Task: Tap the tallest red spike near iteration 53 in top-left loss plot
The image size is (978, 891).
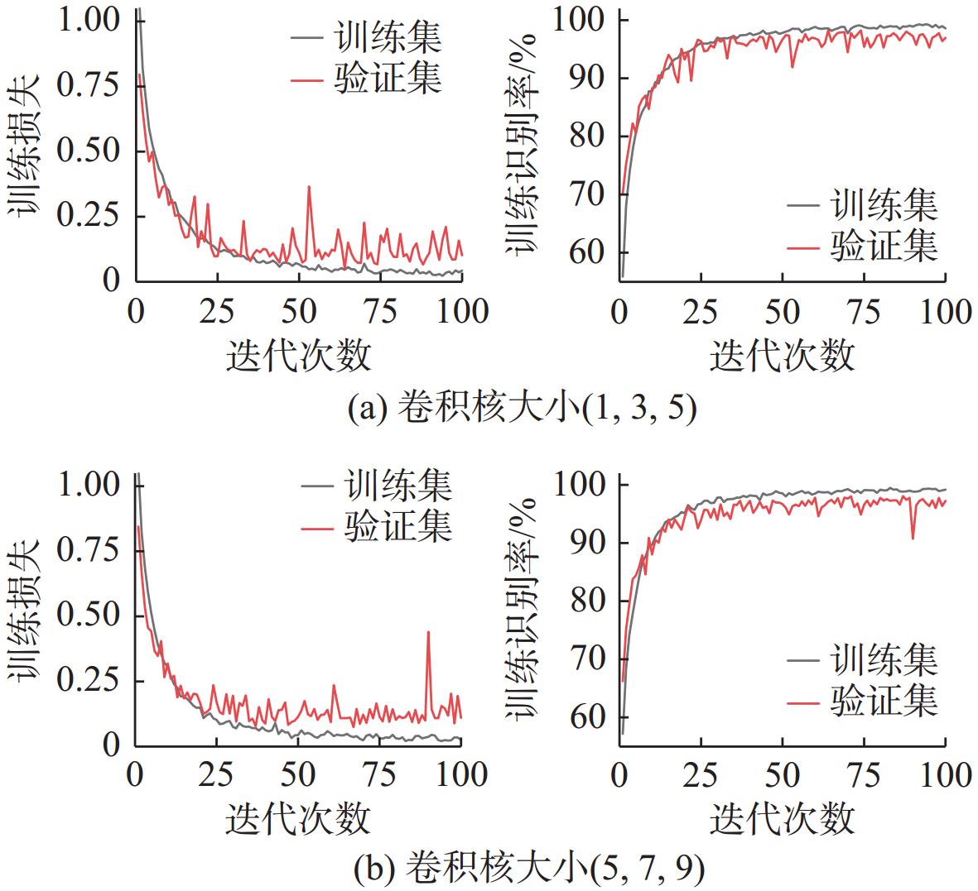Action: click(309, 188)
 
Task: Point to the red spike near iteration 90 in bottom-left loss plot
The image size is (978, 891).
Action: click(428, 633)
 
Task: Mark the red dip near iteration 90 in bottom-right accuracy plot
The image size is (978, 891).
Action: click(913, 538)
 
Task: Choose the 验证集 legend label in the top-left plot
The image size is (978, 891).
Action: click(388, 79)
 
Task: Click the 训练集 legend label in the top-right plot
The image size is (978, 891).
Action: click(884, 204)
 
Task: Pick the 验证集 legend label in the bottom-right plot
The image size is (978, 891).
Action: click(884, 702)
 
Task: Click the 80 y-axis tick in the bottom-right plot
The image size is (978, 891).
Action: click(587, 600)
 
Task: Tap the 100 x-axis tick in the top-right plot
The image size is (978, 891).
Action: click(944, 312)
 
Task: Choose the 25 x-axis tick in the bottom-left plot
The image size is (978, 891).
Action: click(216, 776)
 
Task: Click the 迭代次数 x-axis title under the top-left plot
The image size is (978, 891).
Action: click(298, 357)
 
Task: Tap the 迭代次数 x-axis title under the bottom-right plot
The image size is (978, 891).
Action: click(782, 818)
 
